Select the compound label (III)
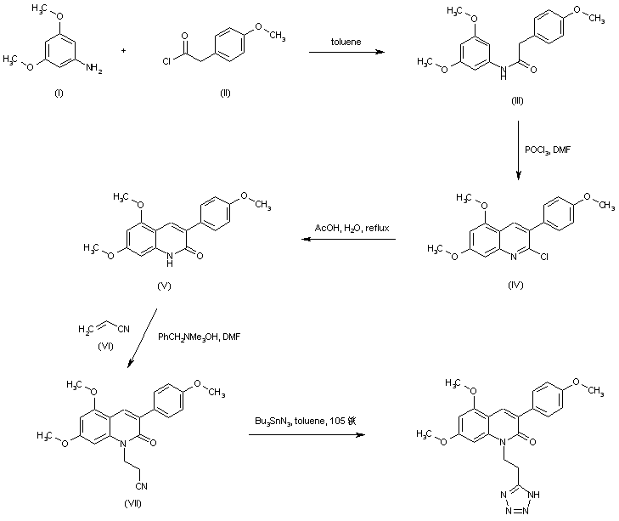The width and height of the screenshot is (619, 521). (517, 101)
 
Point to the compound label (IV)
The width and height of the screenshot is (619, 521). (515, 286)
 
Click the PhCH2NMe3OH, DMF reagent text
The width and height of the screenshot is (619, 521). (200, 337)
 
